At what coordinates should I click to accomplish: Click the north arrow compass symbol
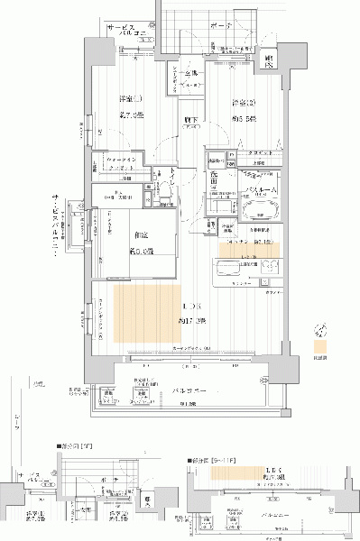click(x=317, y=331)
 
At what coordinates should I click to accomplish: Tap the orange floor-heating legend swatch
click(x=318, y=344)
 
